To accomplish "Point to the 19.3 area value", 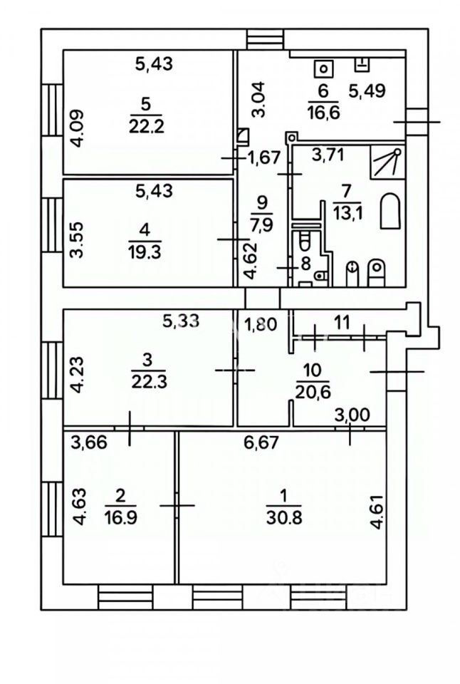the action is point(145,253).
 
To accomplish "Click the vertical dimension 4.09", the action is point(78,126).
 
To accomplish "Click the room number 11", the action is point(343,321).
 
